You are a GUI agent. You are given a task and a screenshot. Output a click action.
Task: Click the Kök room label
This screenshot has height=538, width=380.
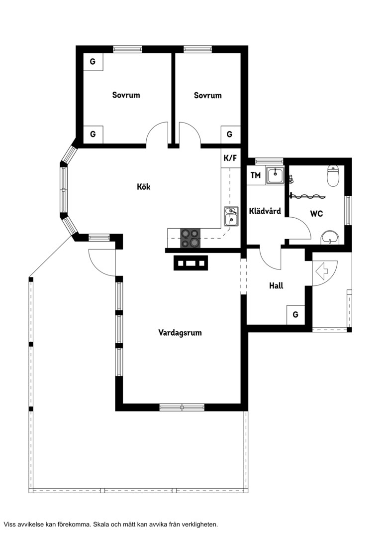144,187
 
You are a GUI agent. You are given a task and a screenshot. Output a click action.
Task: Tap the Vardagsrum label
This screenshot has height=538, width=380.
180,332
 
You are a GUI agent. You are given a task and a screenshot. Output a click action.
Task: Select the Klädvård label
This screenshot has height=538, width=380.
265,211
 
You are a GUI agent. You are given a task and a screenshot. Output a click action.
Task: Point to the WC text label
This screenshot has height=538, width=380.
316,214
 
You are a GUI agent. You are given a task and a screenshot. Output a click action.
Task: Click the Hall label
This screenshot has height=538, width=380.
276,285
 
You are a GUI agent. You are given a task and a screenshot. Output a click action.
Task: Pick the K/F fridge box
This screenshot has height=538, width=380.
230,158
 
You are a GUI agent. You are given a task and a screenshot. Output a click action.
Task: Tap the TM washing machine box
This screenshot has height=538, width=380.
256,175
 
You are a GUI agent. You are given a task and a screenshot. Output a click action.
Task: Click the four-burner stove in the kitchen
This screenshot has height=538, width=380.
190,238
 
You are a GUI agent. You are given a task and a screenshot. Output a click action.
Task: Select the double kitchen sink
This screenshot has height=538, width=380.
231,216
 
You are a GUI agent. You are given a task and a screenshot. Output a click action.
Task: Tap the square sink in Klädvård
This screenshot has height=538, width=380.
275,176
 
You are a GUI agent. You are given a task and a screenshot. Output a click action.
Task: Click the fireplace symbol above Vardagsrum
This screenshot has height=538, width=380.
191,263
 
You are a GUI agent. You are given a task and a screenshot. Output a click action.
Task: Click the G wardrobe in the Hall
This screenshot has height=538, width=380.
295,314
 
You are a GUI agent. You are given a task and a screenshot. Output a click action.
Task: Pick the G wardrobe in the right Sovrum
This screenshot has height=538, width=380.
230,134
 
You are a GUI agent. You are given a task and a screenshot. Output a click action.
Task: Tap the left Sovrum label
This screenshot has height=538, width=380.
126,95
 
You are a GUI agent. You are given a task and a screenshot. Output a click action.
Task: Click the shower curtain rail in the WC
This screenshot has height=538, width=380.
308,197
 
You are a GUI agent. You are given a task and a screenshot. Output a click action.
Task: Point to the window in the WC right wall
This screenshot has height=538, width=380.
348,211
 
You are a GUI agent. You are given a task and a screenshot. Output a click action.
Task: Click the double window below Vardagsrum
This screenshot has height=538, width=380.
182,407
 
